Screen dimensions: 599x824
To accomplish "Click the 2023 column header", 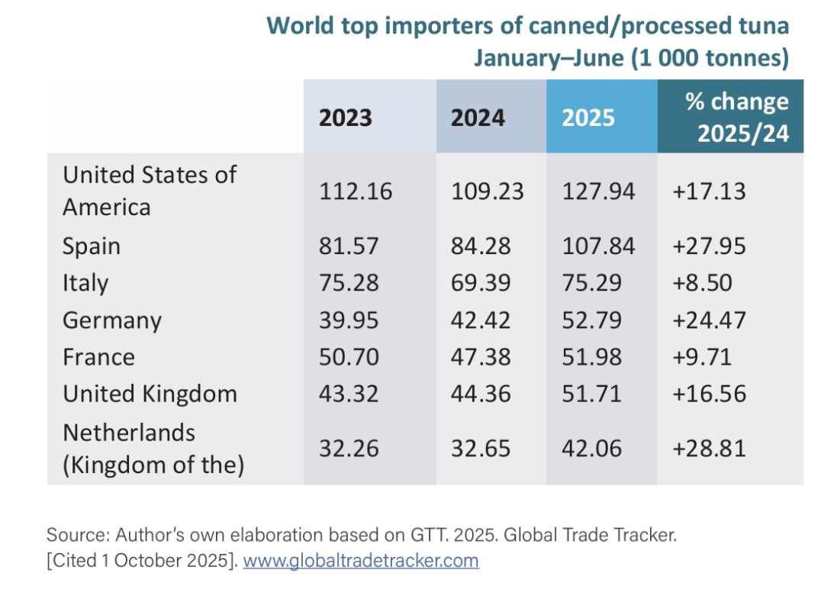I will tap(345, 118).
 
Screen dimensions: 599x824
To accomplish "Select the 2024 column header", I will tap(478, 118).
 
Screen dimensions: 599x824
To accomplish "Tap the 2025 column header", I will tap(588, 118).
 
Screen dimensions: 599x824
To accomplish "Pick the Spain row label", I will tap(92, 246).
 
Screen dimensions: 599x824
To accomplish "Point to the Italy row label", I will tap(85, 283).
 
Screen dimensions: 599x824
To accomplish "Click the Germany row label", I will tap(112, 320).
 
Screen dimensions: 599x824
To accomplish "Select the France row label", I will tap(98, 357).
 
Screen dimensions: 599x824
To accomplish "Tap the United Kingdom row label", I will tap(150, 394).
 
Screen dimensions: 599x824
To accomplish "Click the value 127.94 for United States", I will tap(599, 191).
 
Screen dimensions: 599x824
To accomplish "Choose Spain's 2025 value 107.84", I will tap(599, 246).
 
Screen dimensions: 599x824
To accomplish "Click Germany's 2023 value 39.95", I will tap(349, 320).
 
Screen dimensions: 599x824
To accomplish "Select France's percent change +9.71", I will tap(702, 357).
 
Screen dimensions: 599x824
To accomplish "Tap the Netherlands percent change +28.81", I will tap(709, 449).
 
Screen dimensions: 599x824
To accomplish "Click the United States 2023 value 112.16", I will tap(356, 191).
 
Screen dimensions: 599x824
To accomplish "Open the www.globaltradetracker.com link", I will tap(360, 561).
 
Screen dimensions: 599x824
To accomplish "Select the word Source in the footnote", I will tap(73, 535).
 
